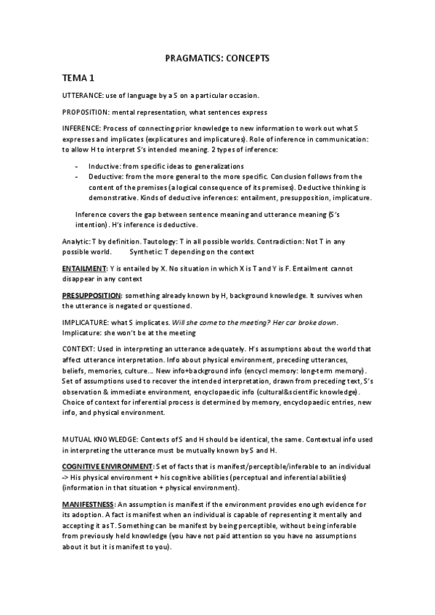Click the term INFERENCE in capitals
click(x=83, y=128)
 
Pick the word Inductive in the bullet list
click(x=105, y=166)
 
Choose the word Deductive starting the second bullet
click(x=106, y=176)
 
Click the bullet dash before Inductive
click(x=77, y=166)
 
